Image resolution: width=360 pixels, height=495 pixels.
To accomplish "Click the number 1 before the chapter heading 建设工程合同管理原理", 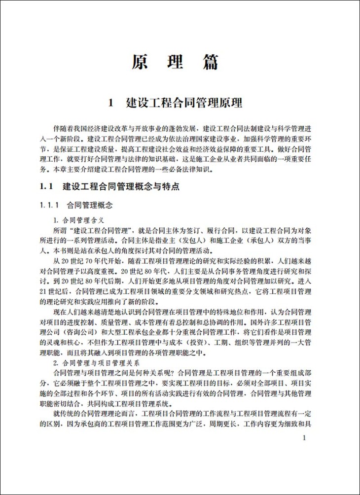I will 111,103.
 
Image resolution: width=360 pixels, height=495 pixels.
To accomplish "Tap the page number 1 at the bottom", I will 306,437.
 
